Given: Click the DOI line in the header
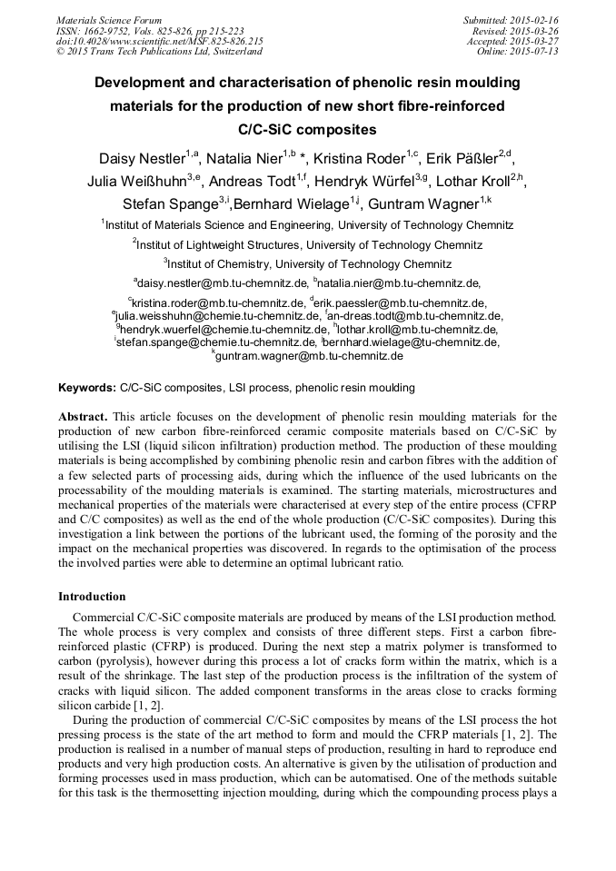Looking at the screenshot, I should click(x=160, y=41).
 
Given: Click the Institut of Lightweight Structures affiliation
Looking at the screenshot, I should click(x=307, y=244).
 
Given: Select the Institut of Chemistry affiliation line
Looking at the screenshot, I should click(x=307, y=264).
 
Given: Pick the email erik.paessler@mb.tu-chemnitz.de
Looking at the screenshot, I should click(x=397, y=302).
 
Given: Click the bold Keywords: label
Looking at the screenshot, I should click(x=87, y=388).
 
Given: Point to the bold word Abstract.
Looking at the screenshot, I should click(x=83, y=417).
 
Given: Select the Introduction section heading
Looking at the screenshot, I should click(x=92, y=597).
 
